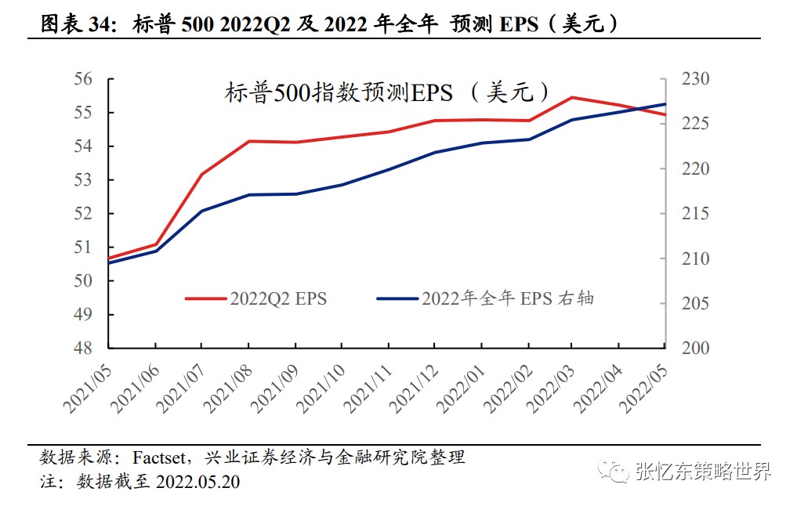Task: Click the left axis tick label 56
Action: [83, 80]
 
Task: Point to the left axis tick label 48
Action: [83, 348]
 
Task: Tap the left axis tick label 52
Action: [83, 214]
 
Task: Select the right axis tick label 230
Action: [694, 80]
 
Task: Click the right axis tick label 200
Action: [694, 348]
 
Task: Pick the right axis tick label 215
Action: [694, 214]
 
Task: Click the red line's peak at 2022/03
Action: [572, 97]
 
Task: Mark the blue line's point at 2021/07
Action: [201, 211]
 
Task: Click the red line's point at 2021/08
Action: [248, 141]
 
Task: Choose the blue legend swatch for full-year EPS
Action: [397, 298]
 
